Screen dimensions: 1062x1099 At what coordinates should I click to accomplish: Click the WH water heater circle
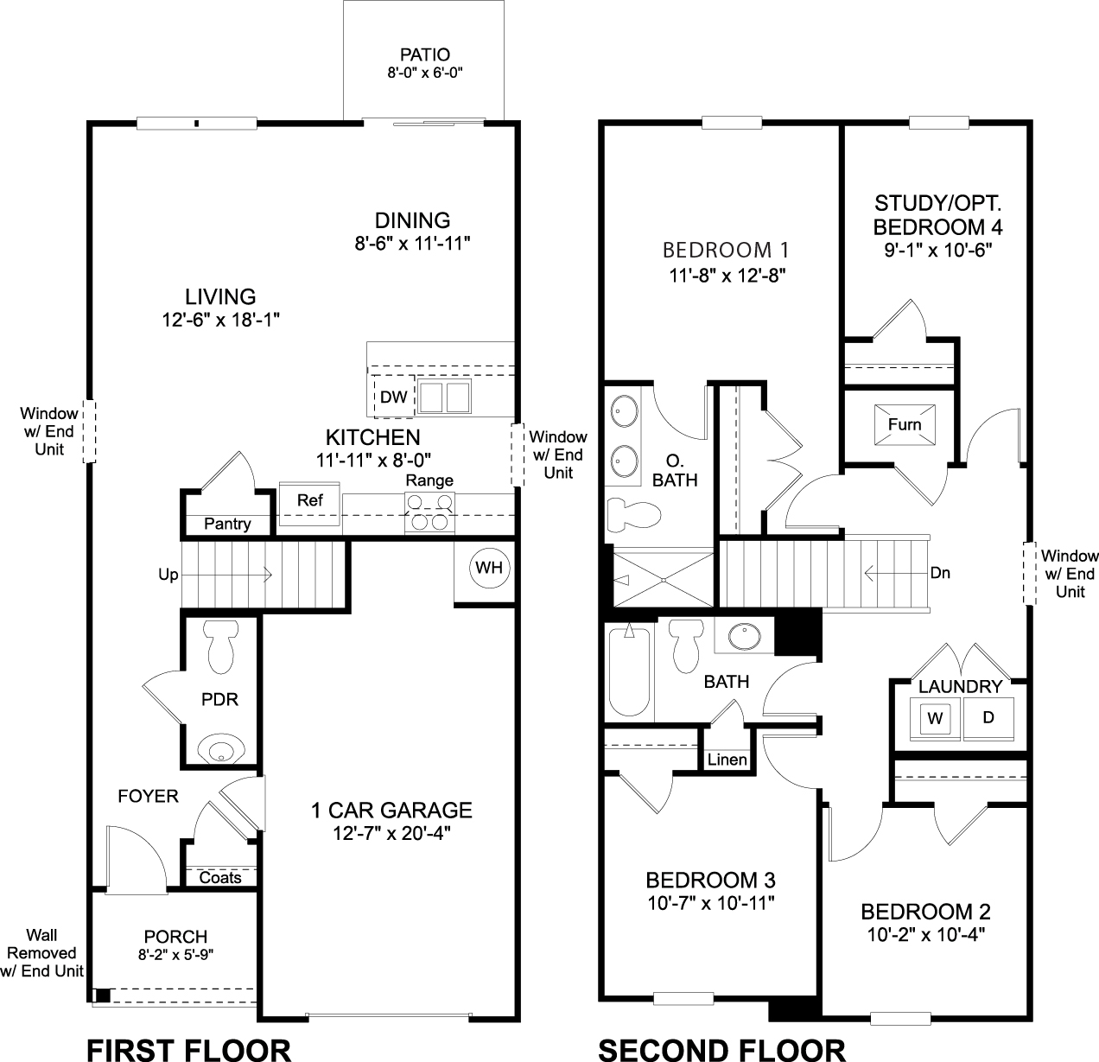(490, 568)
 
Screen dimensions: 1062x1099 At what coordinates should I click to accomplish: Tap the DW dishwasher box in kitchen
(393, 397)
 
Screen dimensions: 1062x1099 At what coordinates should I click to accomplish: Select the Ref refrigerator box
(310, 501)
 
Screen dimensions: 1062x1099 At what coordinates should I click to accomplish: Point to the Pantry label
(228, 524)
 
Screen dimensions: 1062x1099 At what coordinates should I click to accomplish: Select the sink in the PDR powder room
(221, 749)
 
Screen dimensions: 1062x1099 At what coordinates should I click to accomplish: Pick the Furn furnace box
(905, 424)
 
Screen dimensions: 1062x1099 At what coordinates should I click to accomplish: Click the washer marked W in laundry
(934, 717)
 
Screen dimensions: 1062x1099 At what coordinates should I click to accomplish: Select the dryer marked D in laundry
(988, 717)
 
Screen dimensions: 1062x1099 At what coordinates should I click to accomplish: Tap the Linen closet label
(727, 760)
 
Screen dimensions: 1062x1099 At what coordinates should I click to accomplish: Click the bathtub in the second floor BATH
(628, 671)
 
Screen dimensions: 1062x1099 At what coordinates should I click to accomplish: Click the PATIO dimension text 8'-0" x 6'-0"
(426, 73)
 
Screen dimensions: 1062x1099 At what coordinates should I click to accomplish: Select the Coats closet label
(220, 878)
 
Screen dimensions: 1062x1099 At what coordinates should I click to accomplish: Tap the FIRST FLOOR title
(189, 1049)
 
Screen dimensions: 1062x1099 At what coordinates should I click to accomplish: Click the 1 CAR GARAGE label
(391, 811)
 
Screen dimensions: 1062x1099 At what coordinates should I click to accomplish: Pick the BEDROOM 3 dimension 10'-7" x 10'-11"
(710, 903)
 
